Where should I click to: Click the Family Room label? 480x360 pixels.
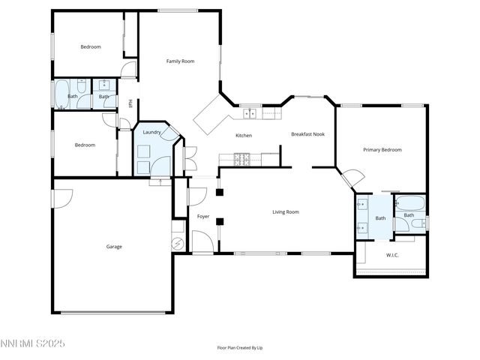(180, 61)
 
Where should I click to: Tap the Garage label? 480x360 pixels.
(114, 246)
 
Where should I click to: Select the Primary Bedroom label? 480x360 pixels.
(382, 150)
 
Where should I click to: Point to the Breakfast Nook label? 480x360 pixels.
(307, 134)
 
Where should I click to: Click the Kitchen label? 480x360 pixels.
(244, 136)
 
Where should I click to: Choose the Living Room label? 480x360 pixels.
(285, 212)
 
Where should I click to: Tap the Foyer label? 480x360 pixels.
(203, 217)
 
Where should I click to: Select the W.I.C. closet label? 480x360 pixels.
(392, 255)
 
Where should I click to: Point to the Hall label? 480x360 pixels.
(130, 103)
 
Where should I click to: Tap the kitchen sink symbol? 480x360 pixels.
(250, 114)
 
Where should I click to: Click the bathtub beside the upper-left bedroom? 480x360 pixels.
(61, 95)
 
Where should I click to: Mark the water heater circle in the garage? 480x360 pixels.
(178, 244)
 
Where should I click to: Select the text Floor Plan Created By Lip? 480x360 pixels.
(240, 348)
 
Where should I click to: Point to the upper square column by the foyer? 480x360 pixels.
(219, 192)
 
